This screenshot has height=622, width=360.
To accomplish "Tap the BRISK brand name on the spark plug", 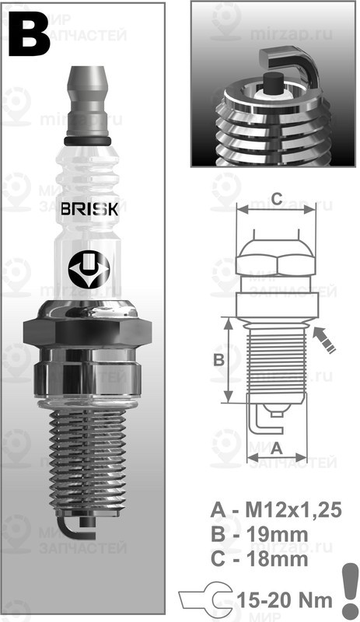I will click(x=91, y=210).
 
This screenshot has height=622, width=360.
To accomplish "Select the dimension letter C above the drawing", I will click(x=277, y=199).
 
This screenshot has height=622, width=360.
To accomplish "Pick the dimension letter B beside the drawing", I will click(x=218, y=359).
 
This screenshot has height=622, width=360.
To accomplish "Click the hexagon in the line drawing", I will click(x=277, y=257).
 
